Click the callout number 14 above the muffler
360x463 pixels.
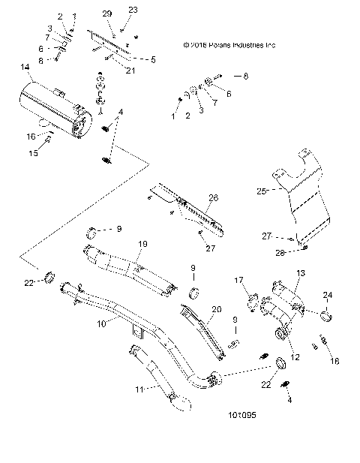pyautogui.click(x=26, y=68)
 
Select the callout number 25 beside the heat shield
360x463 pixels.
pyautogui.click(x=262, y=191)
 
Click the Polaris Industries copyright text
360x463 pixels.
pyautogui.click(x=229, y=45)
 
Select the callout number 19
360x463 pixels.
pyautogui.click(x=142, y=244)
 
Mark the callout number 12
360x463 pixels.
pyautogui.click(x=295, y=357)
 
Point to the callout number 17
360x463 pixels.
pyautogui.click(x=240, y=280)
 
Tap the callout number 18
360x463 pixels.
pyautogui.click(x=334, y=361)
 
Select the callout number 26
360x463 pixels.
pyautogui.click(x=213, y=197)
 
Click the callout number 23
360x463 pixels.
pyautogui.click(x=133, y=9)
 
